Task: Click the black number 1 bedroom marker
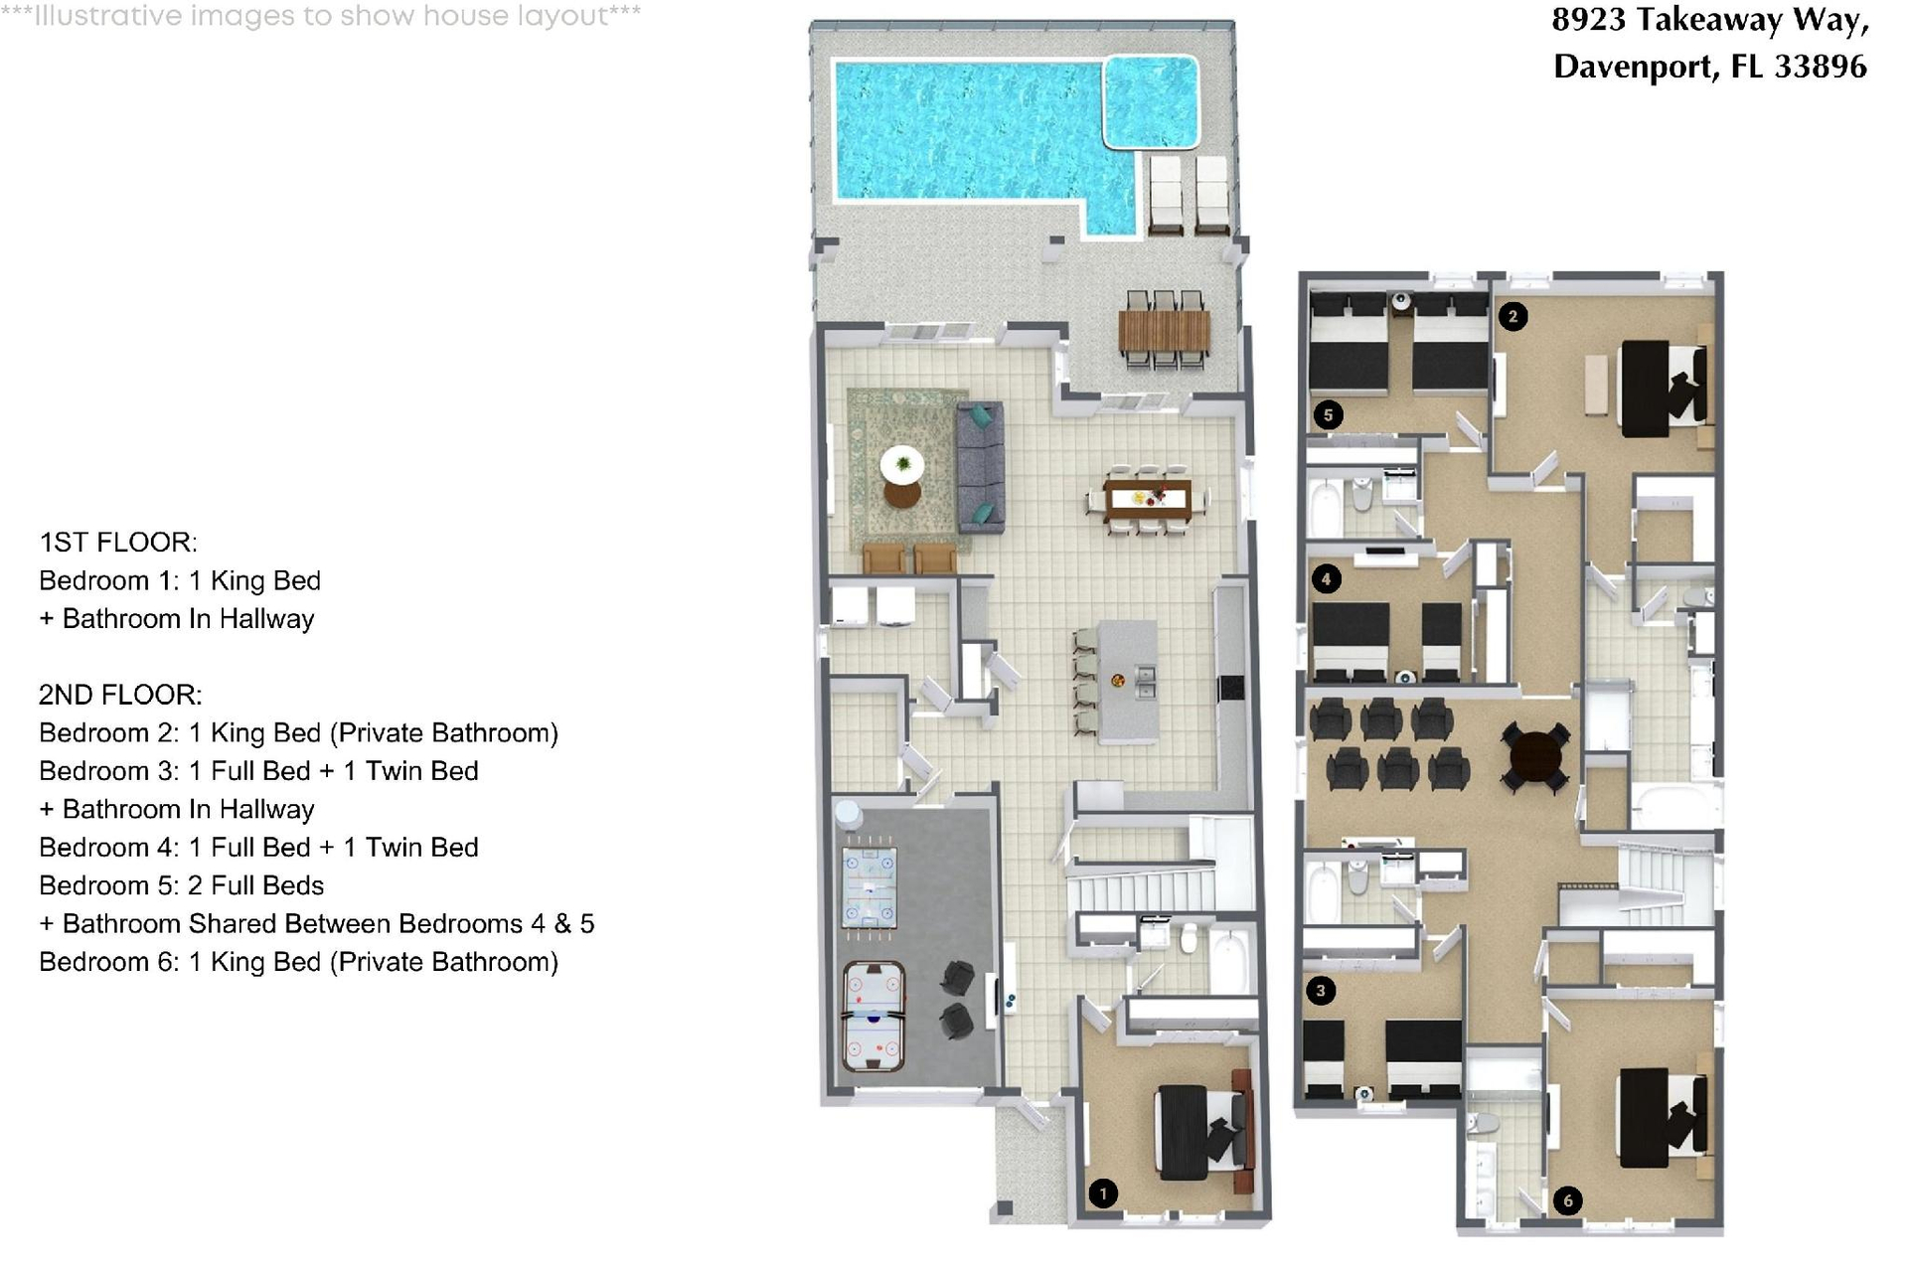1102,1193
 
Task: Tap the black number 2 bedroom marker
1512,317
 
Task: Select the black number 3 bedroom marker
1321,991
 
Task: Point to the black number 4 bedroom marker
1327,578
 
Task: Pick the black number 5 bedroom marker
1329,414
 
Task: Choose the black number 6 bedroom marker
1568,1200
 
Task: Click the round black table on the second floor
1536,758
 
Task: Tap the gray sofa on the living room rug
980,467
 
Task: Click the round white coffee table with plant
902,464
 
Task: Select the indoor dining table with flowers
1148,499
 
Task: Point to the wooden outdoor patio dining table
1164,332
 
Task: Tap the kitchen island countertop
1128,681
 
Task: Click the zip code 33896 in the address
1821,67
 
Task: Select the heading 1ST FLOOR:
118,543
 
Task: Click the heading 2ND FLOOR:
120,695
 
